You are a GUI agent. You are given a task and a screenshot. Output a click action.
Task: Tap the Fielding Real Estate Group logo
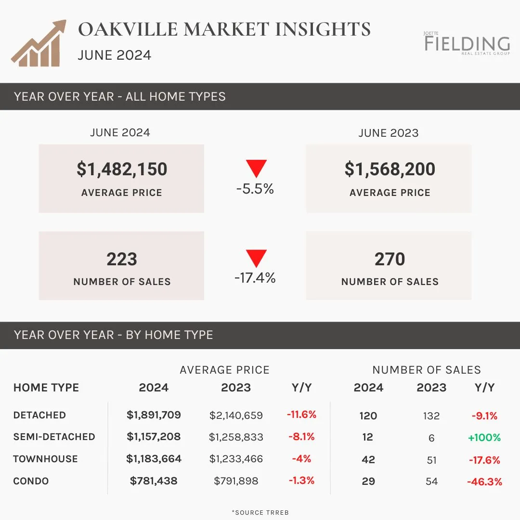click(x=467, y=43)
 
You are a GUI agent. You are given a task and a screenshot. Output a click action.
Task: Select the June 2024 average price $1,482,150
click(x=122, y=169)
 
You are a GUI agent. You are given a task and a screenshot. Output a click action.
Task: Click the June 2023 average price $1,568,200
click(x=390, y=169)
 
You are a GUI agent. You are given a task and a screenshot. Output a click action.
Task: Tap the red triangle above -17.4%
click(x=256, y=257)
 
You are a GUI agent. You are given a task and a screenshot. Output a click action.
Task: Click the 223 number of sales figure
click(x=122, y=259)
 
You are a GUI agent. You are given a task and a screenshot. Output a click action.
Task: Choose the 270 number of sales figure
click(x=390, y=259)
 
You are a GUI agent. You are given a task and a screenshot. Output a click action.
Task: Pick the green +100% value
click(x=484, y=438)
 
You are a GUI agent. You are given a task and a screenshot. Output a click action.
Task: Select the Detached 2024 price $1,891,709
click(x=154, y=415)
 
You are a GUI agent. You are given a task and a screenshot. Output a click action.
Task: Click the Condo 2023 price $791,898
click(x=236, y=481)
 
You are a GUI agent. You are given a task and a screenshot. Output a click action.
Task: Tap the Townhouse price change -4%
click(x=301, y=459)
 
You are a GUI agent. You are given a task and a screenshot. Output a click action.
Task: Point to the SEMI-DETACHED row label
click(x=54, y=437)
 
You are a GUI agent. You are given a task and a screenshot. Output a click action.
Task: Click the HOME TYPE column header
click(x=46, y=388)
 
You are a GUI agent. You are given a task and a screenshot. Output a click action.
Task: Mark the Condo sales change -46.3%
click(x=484, y=481)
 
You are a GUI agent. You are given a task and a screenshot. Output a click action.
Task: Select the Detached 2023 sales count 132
click(x=431, y=416)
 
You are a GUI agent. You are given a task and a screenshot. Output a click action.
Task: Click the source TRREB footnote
click(x=260, y=512)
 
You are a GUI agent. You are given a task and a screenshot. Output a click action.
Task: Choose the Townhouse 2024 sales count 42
click(x=368, y=460)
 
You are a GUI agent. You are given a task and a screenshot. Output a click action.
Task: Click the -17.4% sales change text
click(x=255, y=278)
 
